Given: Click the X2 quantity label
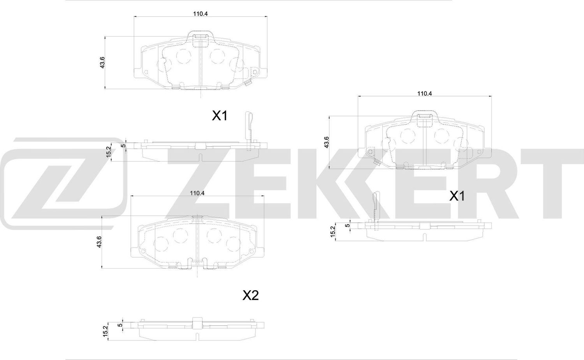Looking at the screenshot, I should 250,296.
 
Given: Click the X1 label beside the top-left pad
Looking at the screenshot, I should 219,116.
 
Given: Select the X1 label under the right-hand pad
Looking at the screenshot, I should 457,197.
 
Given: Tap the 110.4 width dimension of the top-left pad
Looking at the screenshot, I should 200,14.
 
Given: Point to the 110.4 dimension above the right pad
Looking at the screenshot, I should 424,93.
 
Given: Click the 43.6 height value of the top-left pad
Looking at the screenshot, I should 102,62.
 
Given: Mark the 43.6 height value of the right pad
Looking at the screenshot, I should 326,142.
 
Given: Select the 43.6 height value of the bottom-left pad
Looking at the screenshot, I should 99,242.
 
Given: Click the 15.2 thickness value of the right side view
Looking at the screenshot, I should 332,232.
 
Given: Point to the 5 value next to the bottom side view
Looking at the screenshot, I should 120,325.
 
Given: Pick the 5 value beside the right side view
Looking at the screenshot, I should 348,225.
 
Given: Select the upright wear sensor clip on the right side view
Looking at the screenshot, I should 376,206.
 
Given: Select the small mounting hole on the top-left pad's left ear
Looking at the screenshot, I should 146,72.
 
